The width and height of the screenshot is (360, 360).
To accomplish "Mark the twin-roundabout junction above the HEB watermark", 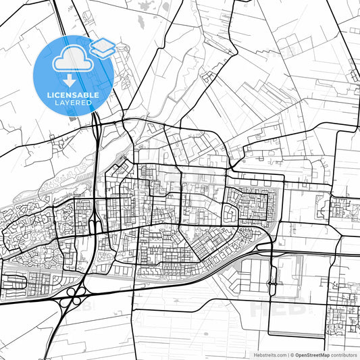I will pyautogui.click(x=272, y=282).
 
